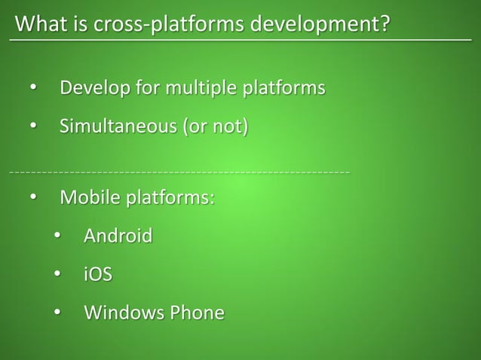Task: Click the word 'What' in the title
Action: pyautogui.click(x=39, y=25)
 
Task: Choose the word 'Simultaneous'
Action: pyautogui.click(x=116, y=125)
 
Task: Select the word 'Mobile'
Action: pyautogui.click(x=90, y=199)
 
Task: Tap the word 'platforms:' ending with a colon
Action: pyautogui.click(x=170, y=199)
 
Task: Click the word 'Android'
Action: pyautogui.click(x=118, y=236)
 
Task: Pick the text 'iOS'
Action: pyautogui.click(x=98, y=274)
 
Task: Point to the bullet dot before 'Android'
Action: pyautogui.click(x=57, y=237)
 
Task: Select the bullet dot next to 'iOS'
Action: pyautogui.click(x=57, y=275)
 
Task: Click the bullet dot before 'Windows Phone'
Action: pyautogui.click(x=57, y=313)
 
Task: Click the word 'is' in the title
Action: pyautogui.click(x=78, y=25)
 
